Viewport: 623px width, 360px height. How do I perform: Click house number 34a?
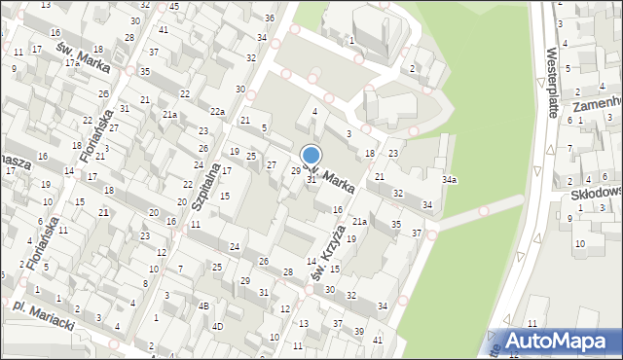coord(449,180)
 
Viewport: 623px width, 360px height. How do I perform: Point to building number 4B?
coord(203,306)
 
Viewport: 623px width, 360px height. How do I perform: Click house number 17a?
coord(71,63)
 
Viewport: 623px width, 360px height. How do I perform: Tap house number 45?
coord(173,7)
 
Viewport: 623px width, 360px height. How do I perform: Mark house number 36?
coord(269,18)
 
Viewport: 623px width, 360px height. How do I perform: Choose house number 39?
coord(358,332)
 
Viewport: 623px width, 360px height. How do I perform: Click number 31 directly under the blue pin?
coord(311,180)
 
